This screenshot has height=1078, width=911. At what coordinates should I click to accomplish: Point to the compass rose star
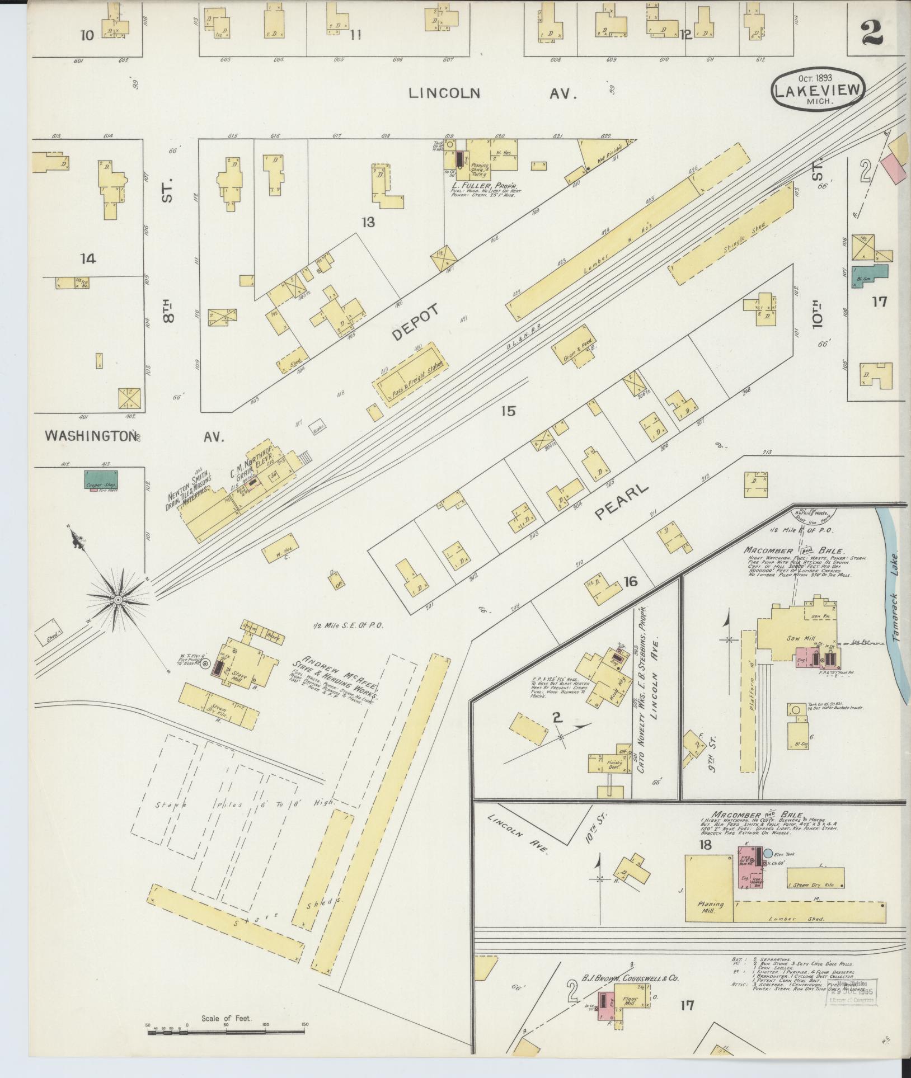pyautogui.click(x=118, y=600)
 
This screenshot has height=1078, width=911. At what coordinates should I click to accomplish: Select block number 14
pyautogui.click(x=88, y=258)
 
